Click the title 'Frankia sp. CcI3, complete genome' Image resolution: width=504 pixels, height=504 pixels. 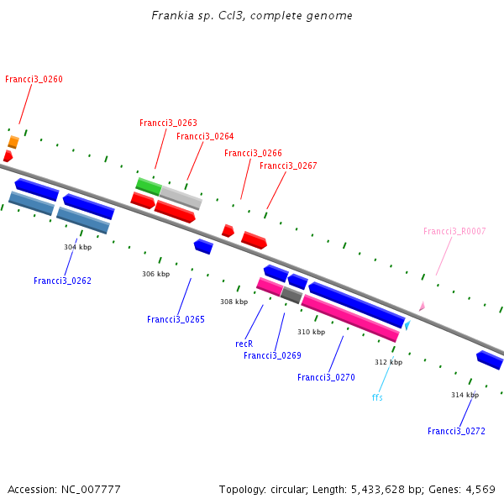(x=252, y=16)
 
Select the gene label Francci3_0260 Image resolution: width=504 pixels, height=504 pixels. (x=34, y=80)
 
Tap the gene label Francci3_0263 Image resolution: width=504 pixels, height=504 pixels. (x=168, y=123)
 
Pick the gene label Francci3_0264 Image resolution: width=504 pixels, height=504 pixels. (x=205, y=137)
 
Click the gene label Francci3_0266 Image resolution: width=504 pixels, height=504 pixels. (x=253, y=154)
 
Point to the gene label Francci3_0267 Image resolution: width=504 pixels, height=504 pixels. (x=288, y=166)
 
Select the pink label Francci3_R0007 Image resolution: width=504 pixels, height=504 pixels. (x=454, y=232)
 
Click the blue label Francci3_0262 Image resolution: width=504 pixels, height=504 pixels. (x=63, y=281)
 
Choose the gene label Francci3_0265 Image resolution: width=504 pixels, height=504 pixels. (x=176, y=320)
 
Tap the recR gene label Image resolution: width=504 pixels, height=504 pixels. (x=244, y=344)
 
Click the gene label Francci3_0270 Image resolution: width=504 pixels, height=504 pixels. (x=326, y=378)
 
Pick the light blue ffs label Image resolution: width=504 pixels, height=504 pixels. (x=377, y=397)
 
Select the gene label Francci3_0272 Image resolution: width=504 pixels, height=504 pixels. (x=456, y=432)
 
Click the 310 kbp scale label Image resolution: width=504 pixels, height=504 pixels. (x=311, y=332)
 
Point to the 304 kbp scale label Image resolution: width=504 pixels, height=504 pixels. (x=78, y=248)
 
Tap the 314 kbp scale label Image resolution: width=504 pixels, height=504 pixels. (x=465, y=395)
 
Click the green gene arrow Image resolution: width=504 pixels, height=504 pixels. (x=149, y=186)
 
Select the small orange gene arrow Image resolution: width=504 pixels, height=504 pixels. (x=13, y=142)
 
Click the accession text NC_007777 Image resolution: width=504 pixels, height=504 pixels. (x=64, y=490)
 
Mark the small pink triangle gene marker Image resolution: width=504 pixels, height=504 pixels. (x=422, y=307)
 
